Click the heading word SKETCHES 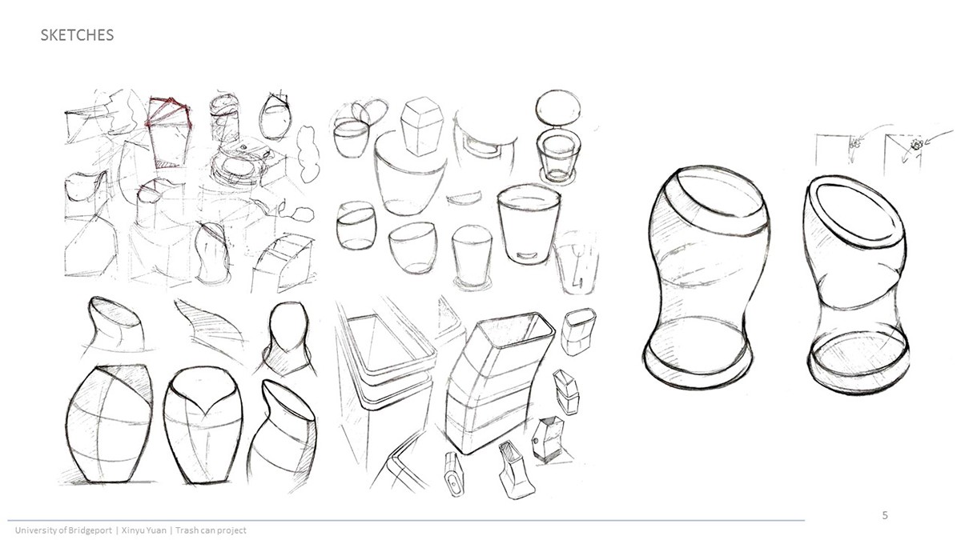coord(77,35)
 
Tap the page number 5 coord(885,515)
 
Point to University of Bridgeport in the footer coord(63,530)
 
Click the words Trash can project coord(211,530)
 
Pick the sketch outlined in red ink coord(168,133)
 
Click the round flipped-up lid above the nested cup coord(559,107)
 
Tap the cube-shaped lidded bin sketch coord(421,126)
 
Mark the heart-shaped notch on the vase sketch coord(205,401)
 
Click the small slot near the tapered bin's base coord(528,256)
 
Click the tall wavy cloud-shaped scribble coord(308,154)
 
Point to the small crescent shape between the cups coord(464,200)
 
